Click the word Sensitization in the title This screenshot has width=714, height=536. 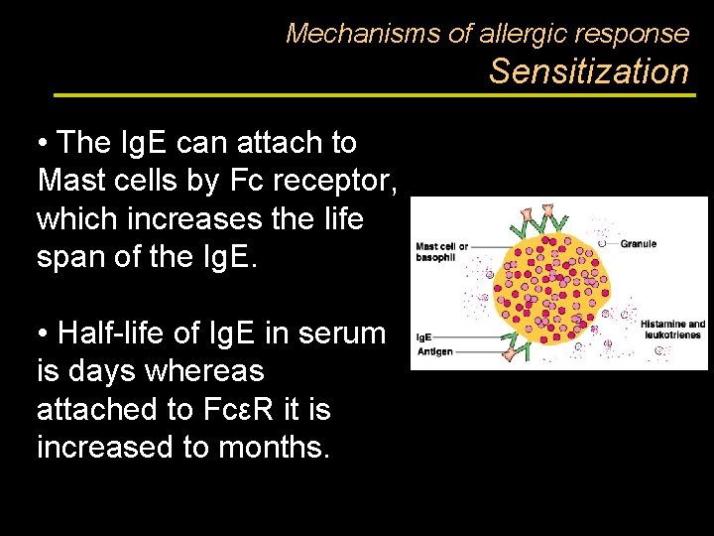tap(588, 71)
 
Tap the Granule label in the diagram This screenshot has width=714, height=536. tap(639, 242)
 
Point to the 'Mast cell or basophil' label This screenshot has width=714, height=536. tap(441, 251)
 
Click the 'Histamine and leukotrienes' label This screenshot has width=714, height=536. tap(672, 330)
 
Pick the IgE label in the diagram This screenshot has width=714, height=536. tap(422, 337)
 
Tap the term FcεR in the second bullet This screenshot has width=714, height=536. tap(229, 409)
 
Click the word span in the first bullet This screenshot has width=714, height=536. tap(72, 256)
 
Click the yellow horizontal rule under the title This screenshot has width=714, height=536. tap(372, 95)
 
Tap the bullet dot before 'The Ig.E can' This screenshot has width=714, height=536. tap(44, 144)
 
